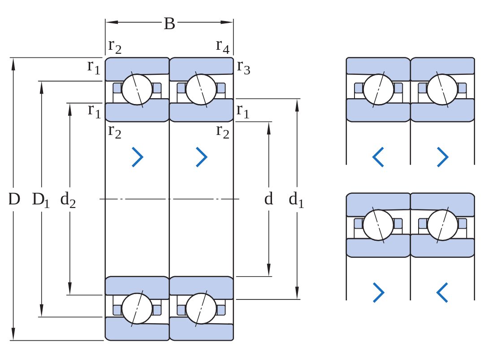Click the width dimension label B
169,23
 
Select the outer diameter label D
14,199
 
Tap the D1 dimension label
41,200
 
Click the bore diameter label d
268,199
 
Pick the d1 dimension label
296,200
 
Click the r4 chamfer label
223,47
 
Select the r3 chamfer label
243,67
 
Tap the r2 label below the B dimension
115,47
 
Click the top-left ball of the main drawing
137,89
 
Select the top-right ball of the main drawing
201,89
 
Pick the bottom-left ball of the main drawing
137,308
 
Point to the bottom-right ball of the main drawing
201,308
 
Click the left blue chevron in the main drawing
138,157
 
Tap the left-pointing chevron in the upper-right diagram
378,157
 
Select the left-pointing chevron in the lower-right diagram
442,292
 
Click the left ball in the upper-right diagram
378,89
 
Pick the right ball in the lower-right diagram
442,225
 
